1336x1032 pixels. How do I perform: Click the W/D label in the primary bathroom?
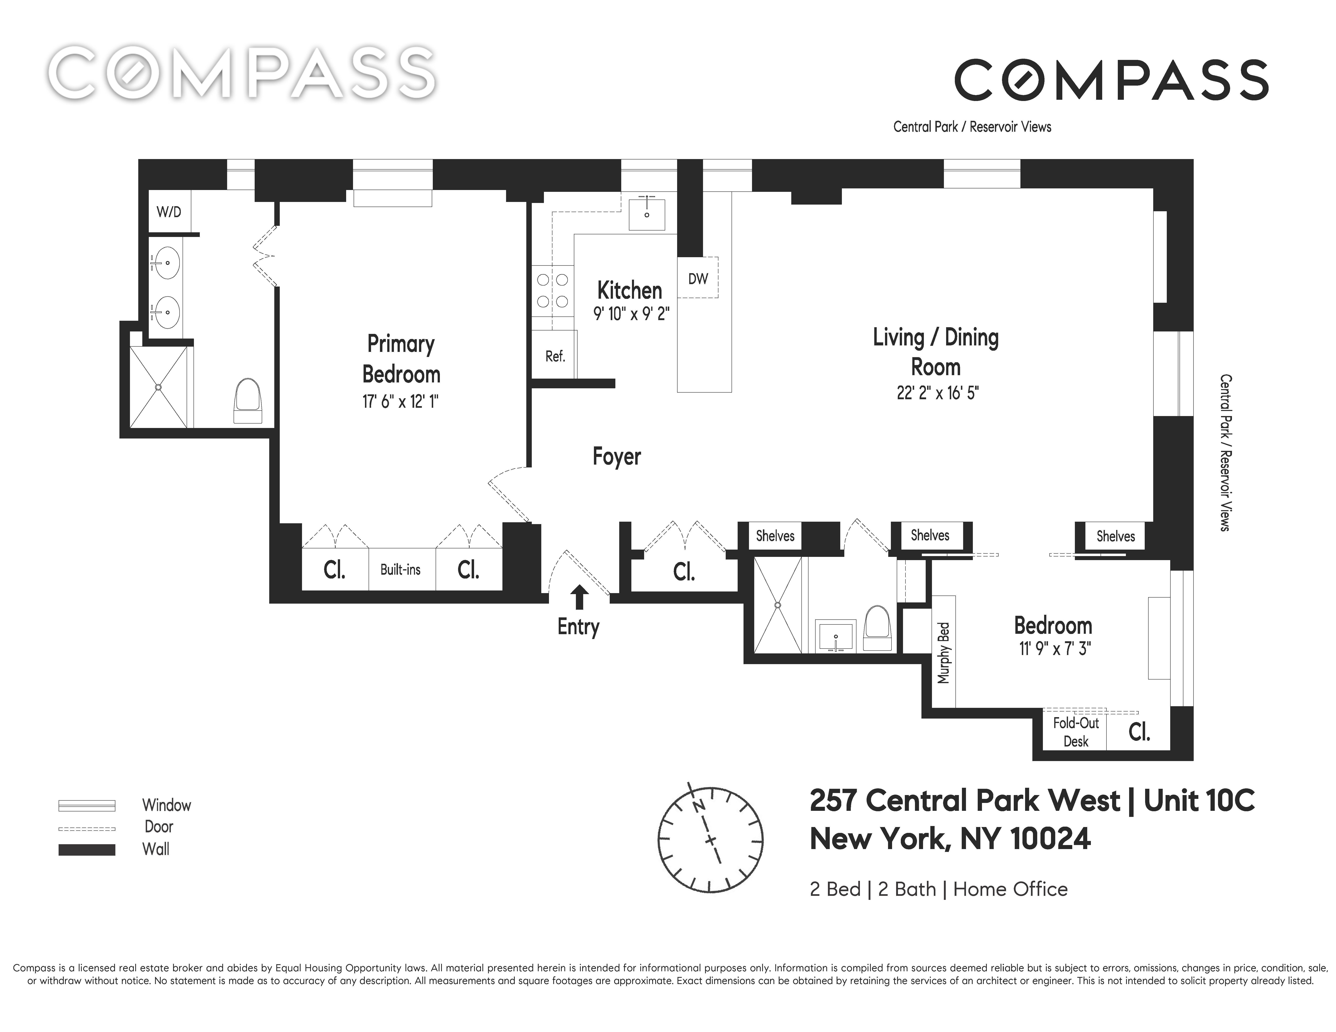pos(169,212)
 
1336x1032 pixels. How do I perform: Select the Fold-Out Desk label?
pos(1075,732)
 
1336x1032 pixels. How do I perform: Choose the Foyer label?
pos(617,457)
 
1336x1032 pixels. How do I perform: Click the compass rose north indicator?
pos(698,806)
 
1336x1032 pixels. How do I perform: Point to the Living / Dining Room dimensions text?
pos(937,393)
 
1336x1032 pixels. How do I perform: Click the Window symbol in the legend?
pos(87,805)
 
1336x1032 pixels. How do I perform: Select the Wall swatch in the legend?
pos(87,850)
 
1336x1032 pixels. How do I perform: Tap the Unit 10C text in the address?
pos(1199,800)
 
